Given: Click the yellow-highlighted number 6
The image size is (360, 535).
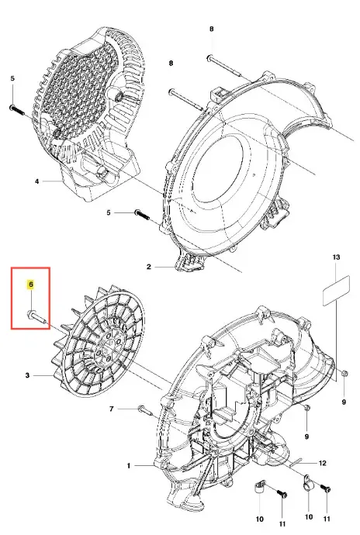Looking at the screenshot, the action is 31,285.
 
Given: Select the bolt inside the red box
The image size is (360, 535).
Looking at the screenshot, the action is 36,316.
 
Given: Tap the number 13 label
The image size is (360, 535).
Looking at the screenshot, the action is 336,257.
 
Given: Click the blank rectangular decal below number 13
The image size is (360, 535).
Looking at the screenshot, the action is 337,290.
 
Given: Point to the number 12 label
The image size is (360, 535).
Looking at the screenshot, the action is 323,463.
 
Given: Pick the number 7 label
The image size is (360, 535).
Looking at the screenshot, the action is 112,409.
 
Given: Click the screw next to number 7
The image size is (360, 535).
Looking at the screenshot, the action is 146,410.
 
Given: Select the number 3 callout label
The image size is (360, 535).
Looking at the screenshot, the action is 27,375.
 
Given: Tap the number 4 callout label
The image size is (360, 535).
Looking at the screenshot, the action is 37,181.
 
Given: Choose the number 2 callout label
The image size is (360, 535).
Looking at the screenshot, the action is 148,267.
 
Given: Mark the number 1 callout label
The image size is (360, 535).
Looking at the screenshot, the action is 129,465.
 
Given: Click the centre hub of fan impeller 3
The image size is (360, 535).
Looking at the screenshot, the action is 109,348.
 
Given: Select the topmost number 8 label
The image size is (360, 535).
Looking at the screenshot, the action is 212,29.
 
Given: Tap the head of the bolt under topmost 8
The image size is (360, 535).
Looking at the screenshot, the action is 209,58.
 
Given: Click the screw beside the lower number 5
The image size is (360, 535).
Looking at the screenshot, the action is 142,215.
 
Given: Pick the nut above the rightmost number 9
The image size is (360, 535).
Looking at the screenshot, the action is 344,373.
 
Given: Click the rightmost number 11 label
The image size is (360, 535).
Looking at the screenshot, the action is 327,519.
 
